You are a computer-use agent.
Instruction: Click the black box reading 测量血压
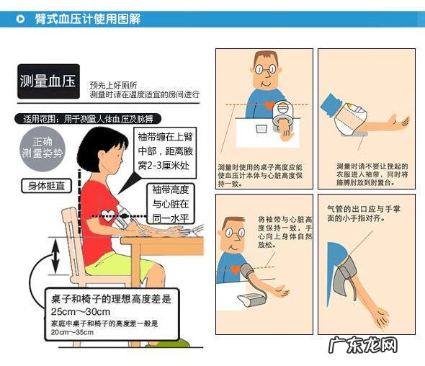point(49,80)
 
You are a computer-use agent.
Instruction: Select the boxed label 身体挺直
point(45,186)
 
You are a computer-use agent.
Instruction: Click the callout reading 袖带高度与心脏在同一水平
point(170,203)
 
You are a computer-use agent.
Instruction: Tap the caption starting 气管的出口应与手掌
point(360,213)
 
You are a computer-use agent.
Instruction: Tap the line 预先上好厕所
point(113,84)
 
